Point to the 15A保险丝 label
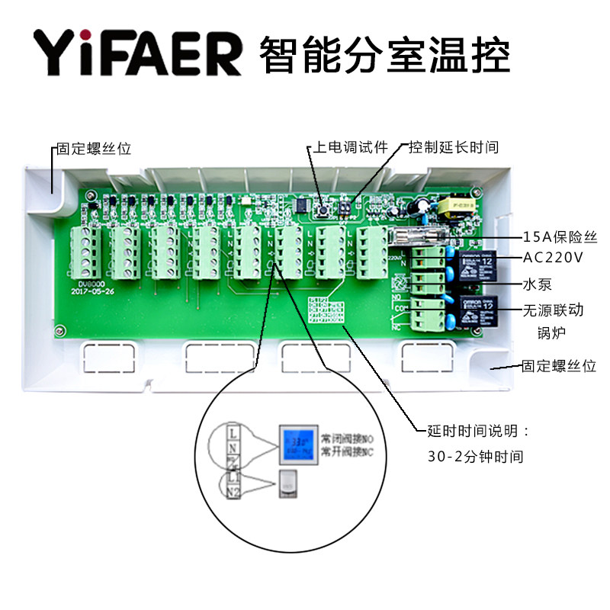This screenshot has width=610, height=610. (560, 237)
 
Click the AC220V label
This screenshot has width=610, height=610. (553, 257)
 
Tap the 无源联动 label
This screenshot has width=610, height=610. (552, 311)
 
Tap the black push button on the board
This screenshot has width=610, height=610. (323, 207)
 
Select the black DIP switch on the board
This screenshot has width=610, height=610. (345, 205)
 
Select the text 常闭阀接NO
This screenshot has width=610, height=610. (347, 440)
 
